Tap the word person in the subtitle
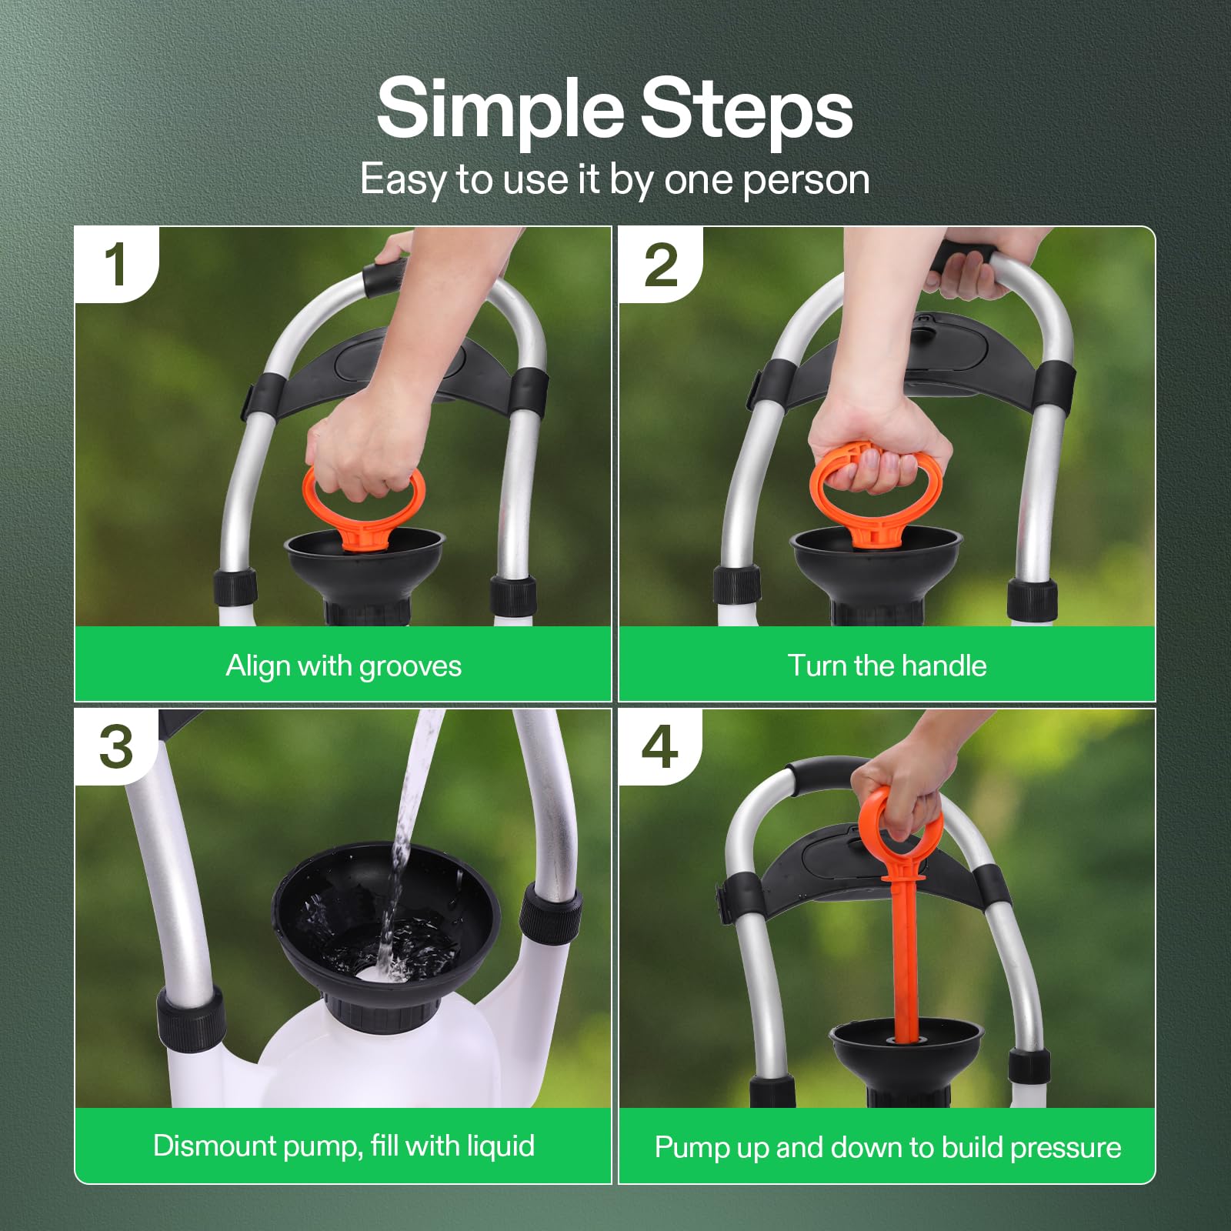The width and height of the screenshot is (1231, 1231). pos(806,180)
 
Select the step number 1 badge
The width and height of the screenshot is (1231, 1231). pos(115,265)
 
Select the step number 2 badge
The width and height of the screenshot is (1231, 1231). pos(660,265)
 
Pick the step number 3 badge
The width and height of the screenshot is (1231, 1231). pos(115,746)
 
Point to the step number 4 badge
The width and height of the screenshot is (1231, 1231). pos(660,746)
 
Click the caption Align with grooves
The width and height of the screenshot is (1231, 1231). pos(343,666)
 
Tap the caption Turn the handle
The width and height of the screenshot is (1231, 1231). pos(886,666)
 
